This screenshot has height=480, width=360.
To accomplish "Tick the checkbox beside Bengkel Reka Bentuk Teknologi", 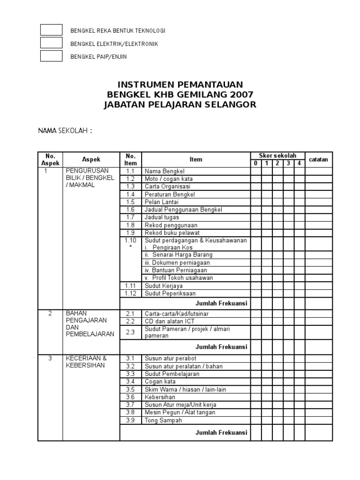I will click(x=51, y=30).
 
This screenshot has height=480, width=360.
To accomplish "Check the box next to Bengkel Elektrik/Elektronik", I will click(x=51, y=43).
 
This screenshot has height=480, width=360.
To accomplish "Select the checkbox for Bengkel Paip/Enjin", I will click(x=51, y=56).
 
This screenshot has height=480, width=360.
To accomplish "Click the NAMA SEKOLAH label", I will click(x=65, y=130).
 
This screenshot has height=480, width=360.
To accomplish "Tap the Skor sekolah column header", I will click(x=277, y=156).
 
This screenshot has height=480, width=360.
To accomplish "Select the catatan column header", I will click(x=319, y=160).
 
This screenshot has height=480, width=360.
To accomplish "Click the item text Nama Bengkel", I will click(x=165, y=171).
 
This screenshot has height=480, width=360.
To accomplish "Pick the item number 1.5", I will click(x=130, y=202).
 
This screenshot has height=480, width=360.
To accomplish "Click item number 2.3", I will click(x=130, y=332).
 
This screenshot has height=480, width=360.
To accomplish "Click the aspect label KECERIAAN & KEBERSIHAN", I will click(x=86, y=361).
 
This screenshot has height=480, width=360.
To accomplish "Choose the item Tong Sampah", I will click(x=164, y=420).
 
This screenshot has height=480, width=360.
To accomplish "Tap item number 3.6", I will click(x=130, y=397).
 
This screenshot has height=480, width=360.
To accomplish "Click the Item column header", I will click(x=195, y=159).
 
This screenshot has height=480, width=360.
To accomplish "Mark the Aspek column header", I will click(x=91, y=159).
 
